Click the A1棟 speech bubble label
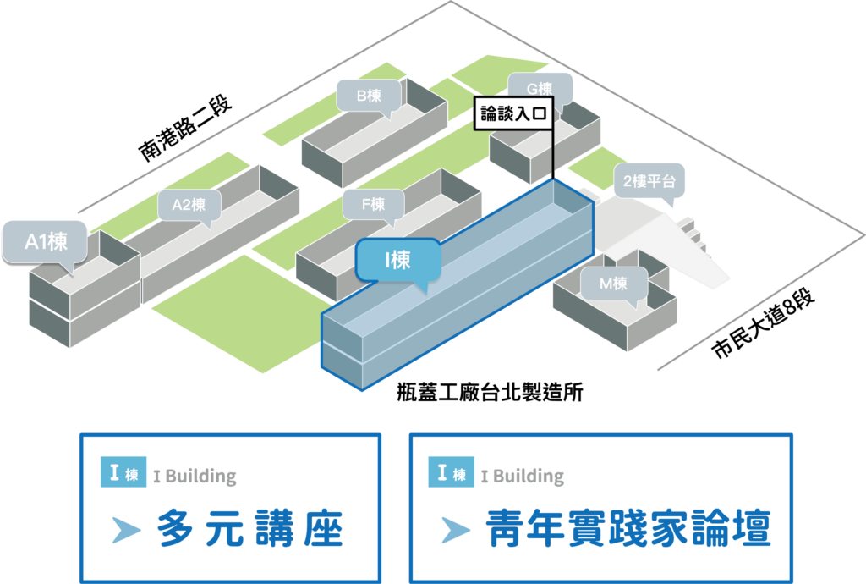tap(46, 243)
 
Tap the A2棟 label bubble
tap(189, 205)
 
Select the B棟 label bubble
tap(368, 96)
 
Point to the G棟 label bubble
tap(539, 89)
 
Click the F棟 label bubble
tap(372, 204)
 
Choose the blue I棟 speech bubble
tap(397, 260)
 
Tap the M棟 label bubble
tap(613, 284)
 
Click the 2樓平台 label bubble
tap(649, 181)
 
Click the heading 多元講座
tap(250, 530)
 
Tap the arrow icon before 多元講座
tap(125, 531)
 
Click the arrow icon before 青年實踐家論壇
tap(455, 531)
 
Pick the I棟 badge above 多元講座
tap(123, 473)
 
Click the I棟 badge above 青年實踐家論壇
tap(451, 473)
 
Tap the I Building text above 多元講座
tap(195, 477)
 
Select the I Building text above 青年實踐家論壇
tap(522, 477)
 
